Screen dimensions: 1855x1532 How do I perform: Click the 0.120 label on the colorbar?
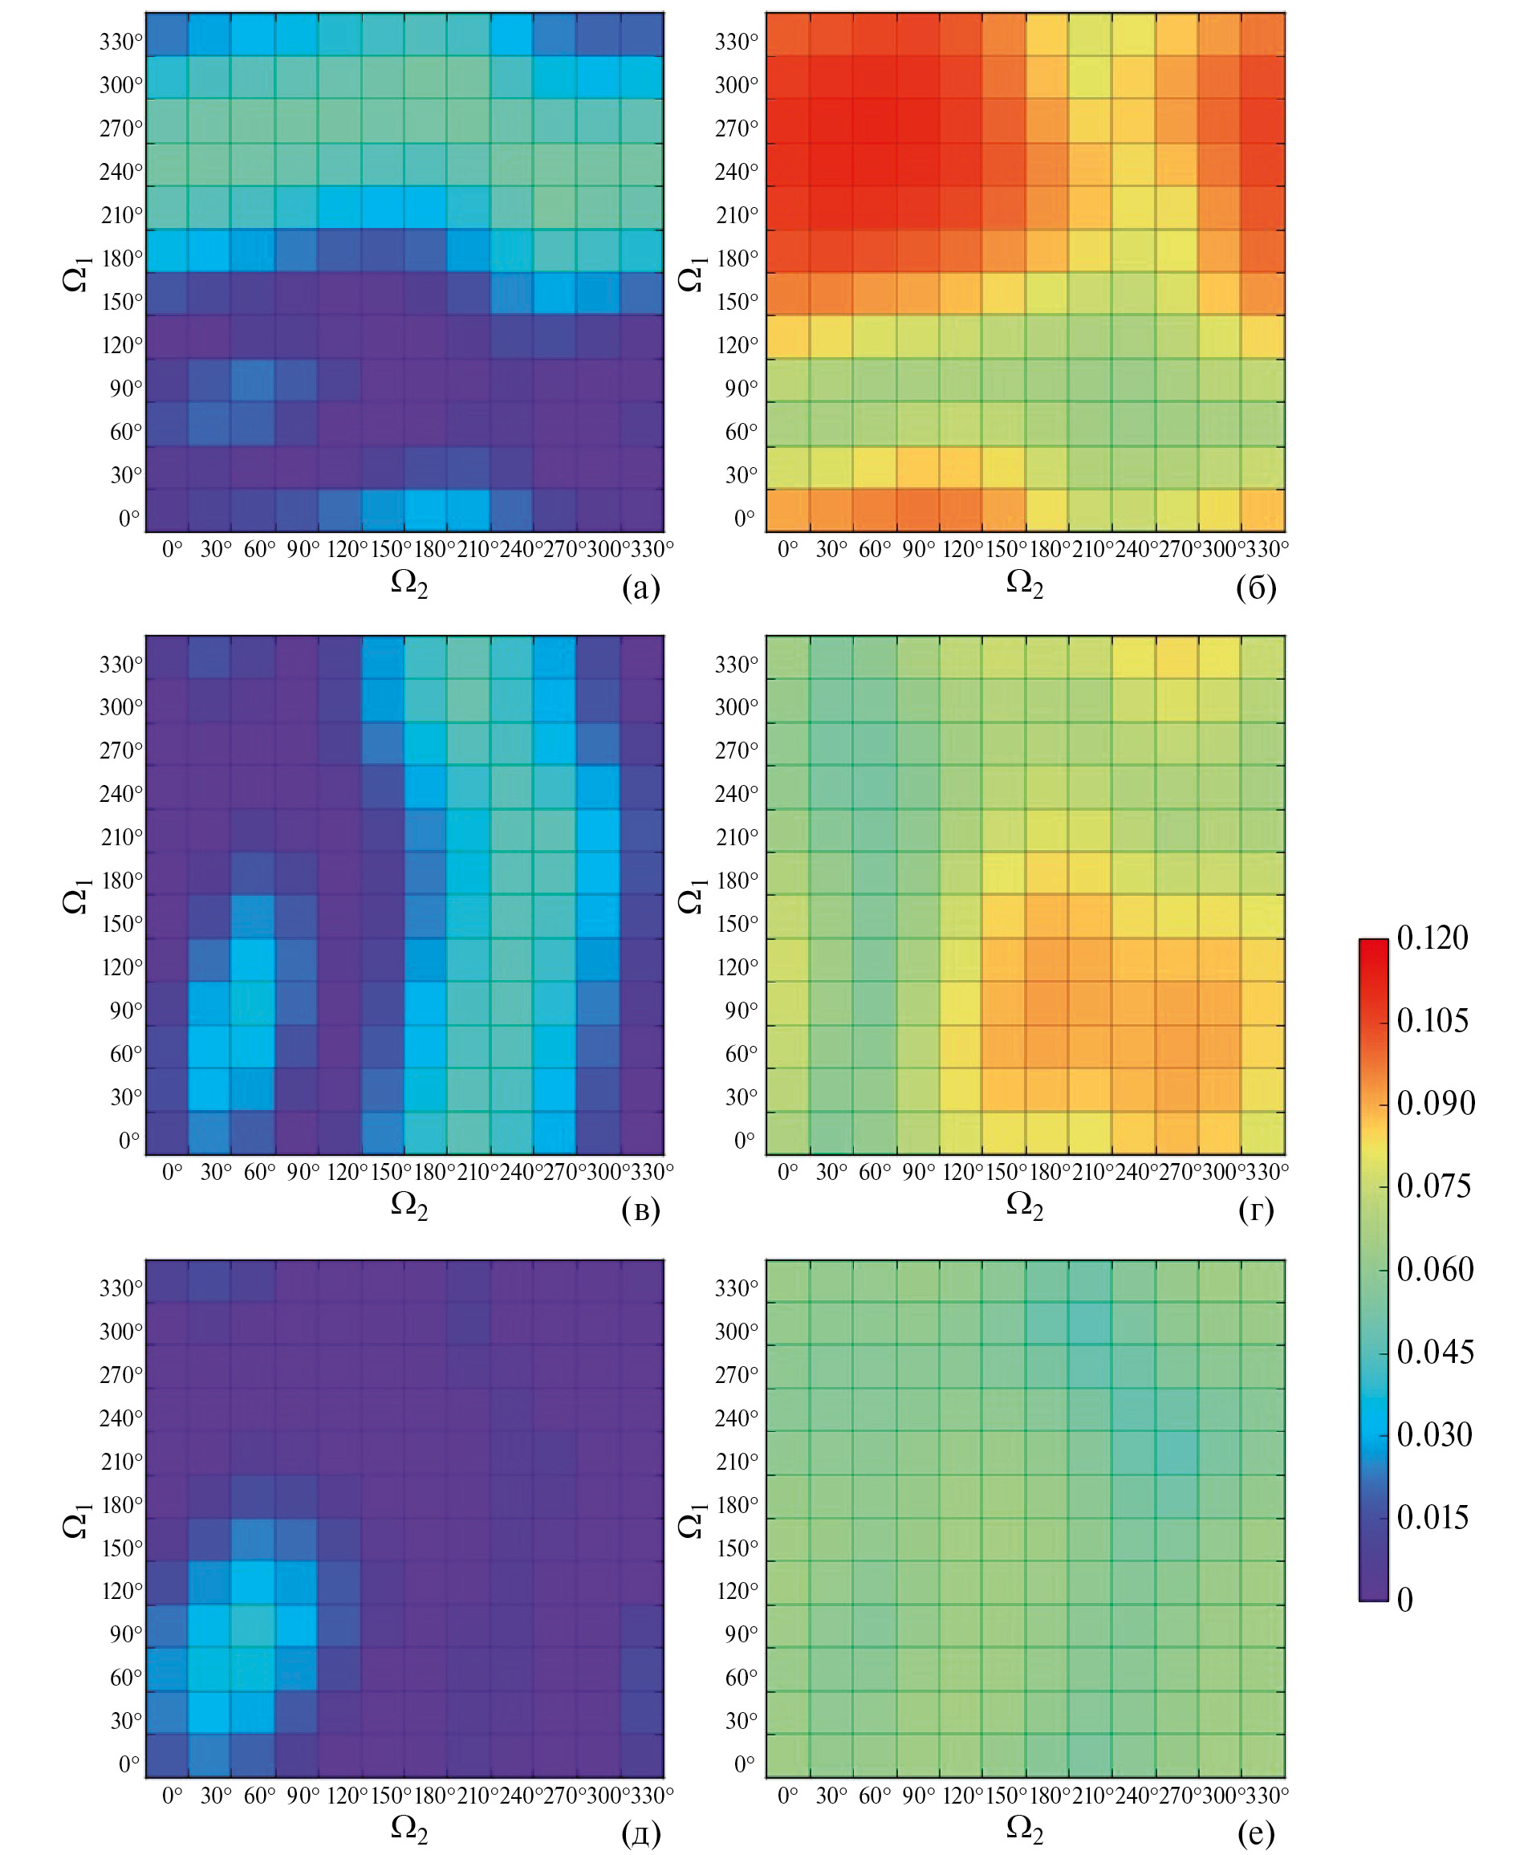tap(1432, 938)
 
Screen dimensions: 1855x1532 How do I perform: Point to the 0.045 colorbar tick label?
tap(1434, 1351)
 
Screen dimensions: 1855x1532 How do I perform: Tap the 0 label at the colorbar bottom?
tap(1405, 1599)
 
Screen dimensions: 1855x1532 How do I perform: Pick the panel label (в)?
tap(640, 1210)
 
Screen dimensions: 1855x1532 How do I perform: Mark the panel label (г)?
tap(1256, 1210)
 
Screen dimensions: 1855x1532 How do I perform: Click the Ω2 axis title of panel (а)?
tap(409, 584)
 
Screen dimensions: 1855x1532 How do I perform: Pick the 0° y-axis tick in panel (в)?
tap(129, 1140)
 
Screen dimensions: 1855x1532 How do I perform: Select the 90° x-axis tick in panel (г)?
tap(918, 1172)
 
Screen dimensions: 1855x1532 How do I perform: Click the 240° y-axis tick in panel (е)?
tap(736, 1418)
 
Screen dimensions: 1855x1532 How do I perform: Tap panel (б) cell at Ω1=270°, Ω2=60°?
tap(875, 121)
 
